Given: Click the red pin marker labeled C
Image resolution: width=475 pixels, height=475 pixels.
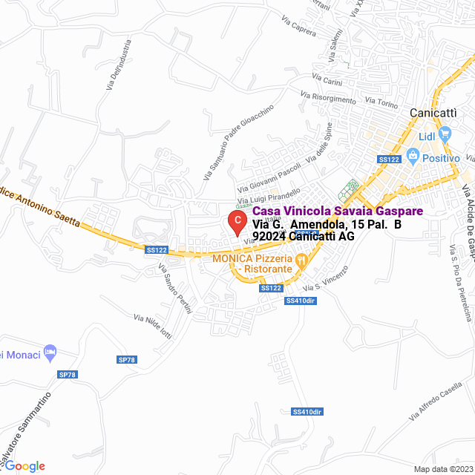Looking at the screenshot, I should click(x=236, y=221).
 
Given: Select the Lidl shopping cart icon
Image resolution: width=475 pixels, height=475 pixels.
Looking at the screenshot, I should click(x=445, y=134).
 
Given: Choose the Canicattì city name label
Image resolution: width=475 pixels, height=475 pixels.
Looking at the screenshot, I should click(x=434, y=112).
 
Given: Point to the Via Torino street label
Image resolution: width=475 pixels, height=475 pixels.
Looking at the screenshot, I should click(x=382, y=102).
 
